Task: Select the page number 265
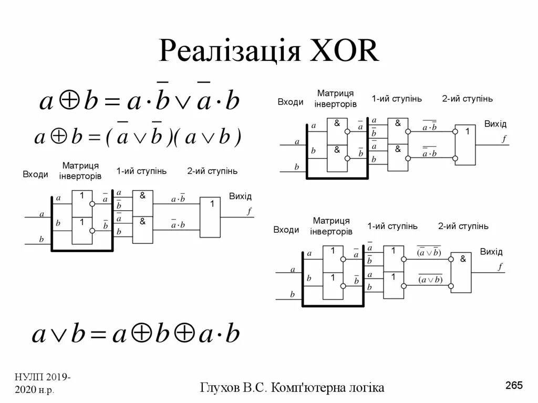[514, 386]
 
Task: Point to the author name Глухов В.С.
[235, 388]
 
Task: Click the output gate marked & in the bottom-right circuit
[461, 272]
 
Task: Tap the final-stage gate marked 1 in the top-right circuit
[465, 144]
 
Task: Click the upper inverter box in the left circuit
[82, 203]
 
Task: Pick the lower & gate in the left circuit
[142, 230]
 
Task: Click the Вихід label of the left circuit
[240, 197]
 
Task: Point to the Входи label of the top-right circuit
[290, 102]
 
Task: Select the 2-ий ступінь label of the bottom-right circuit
[463, 226]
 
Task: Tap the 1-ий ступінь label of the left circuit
[141, 171]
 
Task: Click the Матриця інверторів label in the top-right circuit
[335, 98]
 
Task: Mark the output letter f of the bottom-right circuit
[500, 267]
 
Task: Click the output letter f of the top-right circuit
[504, 139]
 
